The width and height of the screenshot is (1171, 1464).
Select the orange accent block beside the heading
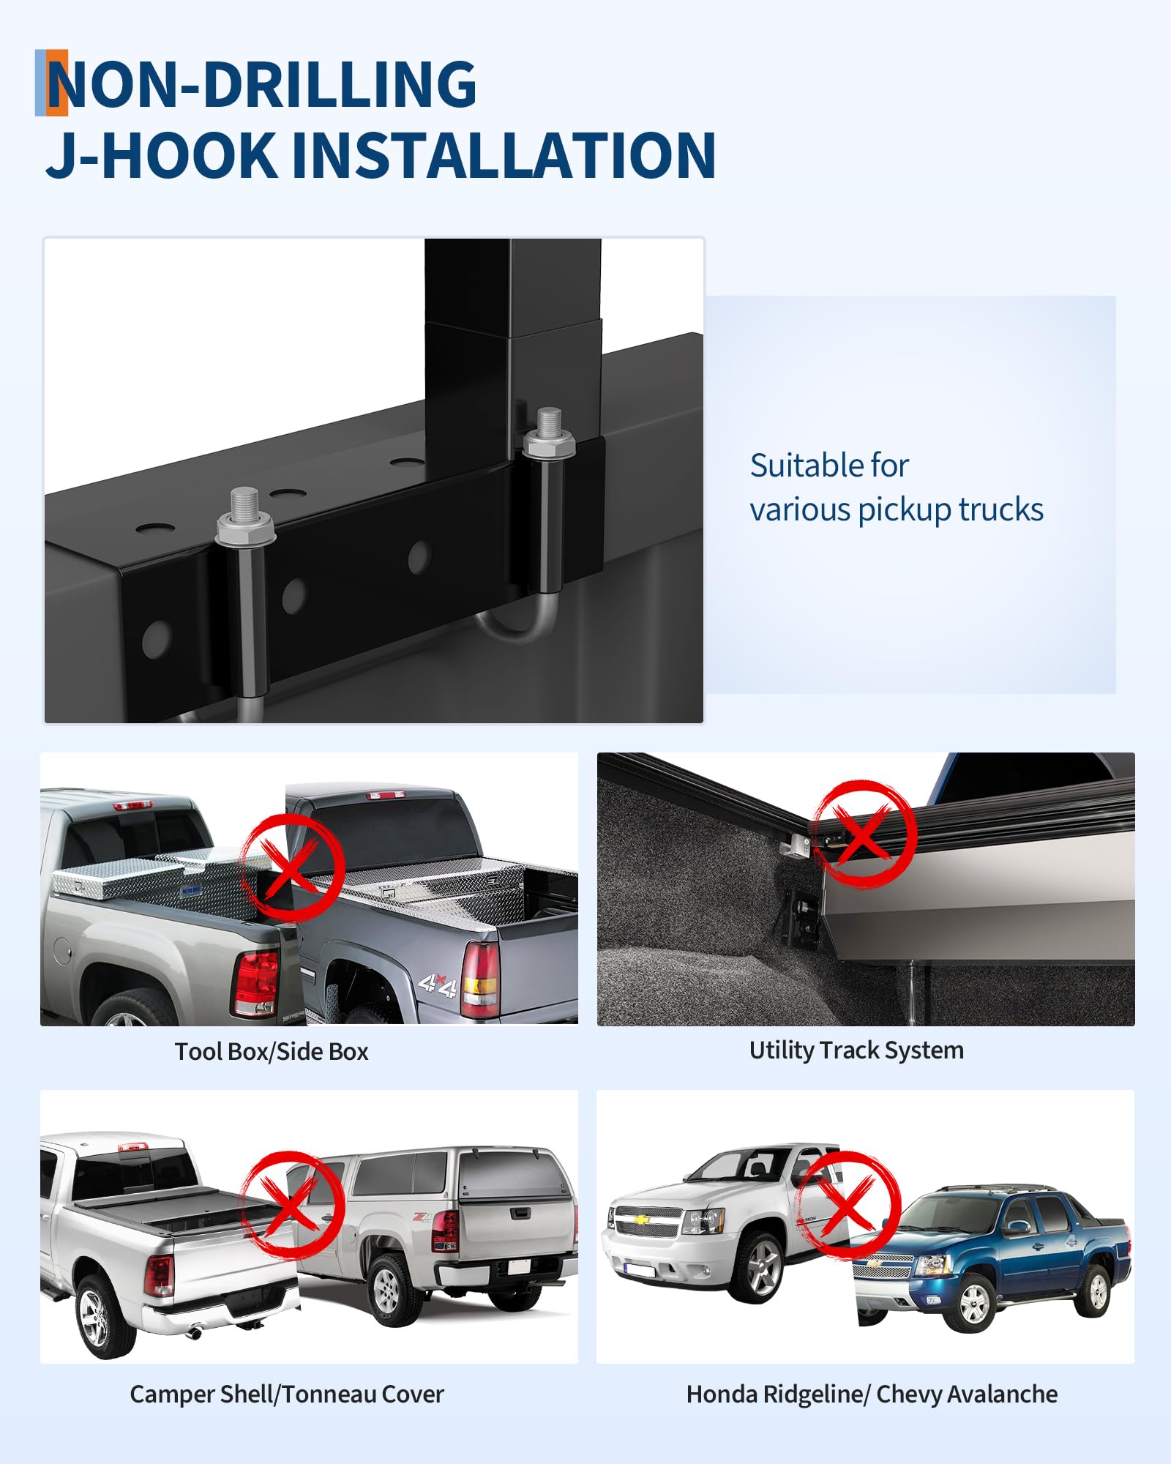[x=57, y=83]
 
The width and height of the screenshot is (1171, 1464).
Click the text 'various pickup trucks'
[x=897, y=510]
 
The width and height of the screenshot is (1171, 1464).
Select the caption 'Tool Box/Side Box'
[x=272, y=1052]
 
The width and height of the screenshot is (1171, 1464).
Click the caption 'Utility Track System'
[x=856, y=1050]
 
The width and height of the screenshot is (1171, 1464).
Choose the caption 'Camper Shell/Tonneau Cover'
[x=287, y=1394]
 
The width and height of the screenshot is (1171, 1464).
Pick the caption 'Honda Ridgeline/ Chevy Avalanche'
[x=872, y=1394]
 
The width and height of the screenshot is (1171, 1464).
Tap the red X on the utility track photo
[x=864, y=834]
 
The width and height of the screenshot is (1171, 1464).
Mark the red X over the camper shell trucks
[x=293, y=1206]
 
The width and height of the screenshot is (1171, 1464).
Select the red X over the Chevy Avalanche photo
[x=848, y=1205]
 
